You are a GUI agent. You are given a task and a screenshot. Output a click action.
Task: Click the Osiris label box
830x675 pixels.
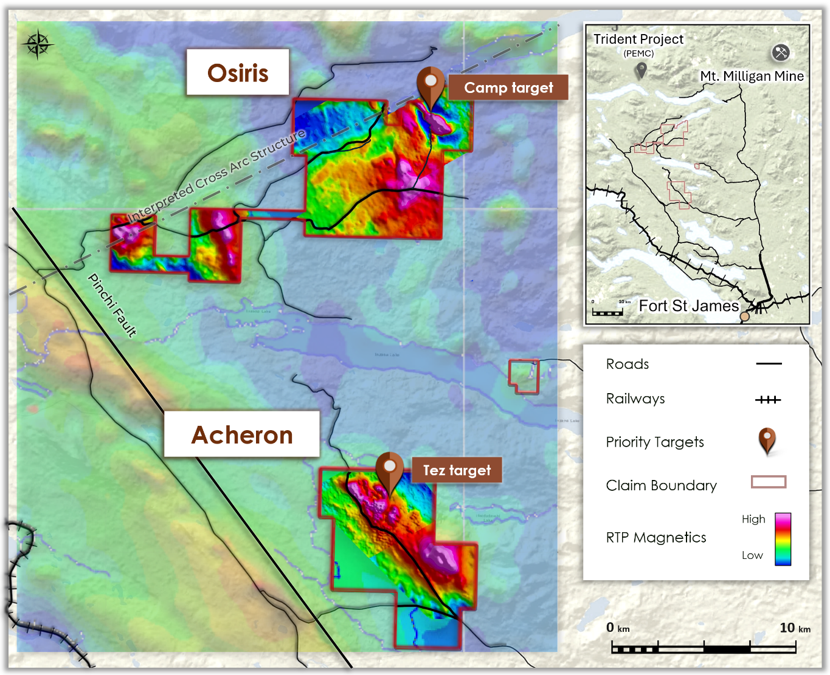click(x=238, y=73)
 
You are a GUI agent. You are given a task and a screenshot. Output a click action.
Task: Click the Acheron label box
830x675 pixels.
click(x=242, y=434)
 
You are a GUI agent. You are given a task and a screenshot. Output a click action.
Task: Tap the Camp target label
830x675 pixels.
click(x=508, y=87)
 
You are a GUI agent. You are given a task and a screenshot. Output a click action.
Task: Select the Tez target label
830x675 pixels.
click(x=457, y=470)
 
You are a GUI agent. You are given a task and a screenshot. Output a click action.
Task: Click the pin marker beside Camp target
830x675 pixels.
click(x=431, y=84)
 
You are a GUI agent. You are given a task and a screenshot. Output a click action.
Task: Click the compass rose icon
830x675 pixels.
click(x=37, y=44)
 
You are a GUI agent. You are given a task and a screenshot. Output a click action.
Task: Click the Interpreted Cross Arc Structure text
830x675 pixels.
click(x=216, y=176)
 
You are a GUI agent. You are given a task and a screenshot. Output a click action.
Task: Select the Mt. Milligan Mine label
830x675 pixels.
click(x=752, y=76)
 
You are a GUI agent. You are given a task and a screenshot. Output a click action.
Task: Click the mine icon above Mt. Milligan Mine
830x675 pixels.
click(x=781, y=52)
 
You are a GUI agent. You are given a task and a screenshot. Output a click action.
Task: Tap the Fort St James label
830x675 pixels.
click(x=688, y=306)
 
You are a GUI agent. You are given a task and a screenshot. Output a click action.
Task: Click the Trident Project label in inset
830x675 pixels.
click(x=638, y=39)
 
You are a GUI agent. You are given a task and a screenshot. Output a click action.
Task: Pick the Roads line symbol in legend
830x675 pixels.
click(x=769, y=364)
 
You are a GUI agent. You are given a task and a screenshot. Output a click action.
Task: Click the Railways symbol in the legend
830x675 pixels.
click(x=768, y=400)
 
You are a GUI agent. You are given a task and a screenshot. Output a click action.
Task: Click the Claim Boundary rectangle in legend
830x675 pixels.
click(x=769, y=482)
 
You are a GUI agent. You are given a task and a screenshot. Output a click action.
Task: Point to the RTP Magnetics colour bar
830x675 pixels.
click(x=783, y=539)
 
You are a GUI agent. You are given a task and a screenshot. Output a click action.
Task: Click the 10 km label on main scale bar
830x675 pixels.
click(x=794, y=628)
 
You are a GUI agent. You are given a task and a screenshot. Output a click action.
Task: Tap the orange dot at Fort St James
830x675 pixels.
click(x=744, y=316)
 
